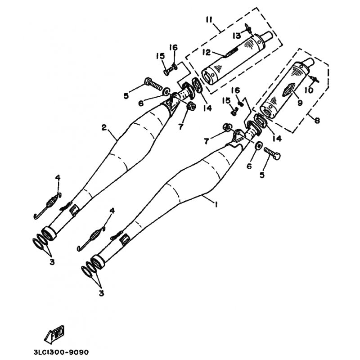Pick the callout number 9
(299, 102)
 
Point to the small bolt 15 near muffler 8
(234, 108)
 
